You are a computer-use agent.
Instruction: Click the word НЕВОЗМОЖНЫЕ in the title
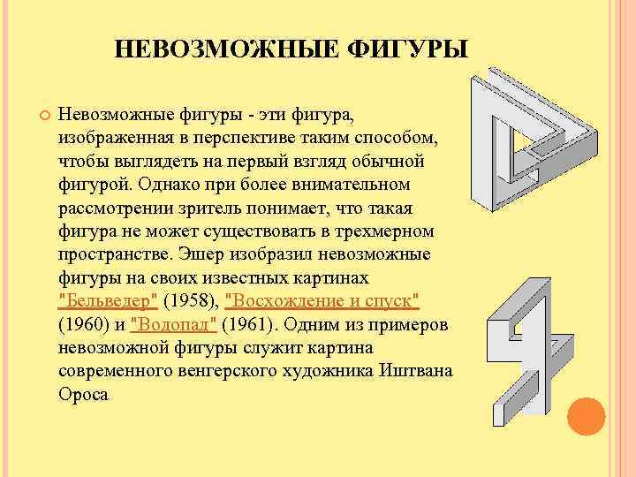225,49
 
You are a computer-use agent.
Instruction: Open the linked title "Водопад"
173,325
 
